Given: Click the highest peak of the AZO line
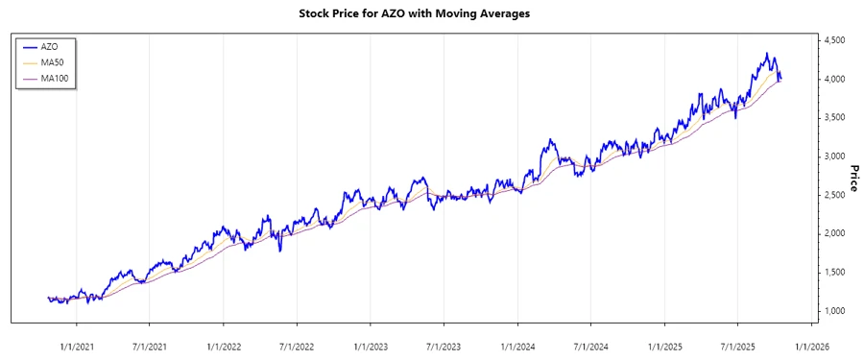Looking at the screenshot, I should coord(766,53).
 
